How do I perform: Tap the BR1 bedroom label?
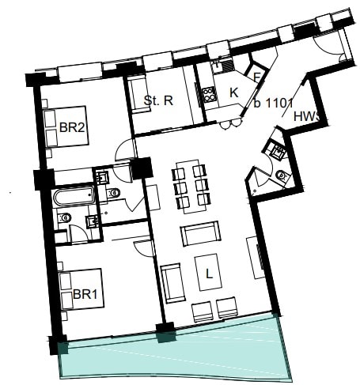point(85,294)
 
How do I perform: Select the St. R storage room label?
point(158,100)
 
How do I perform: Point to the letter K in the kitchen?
point(233,93)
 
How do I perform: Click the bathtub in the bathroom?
point(73,198)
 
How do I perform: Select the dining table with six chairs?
point(190,187)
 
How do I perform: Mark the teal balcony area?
point(174,352)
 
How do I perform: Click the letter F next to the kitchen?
point(256,77)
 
